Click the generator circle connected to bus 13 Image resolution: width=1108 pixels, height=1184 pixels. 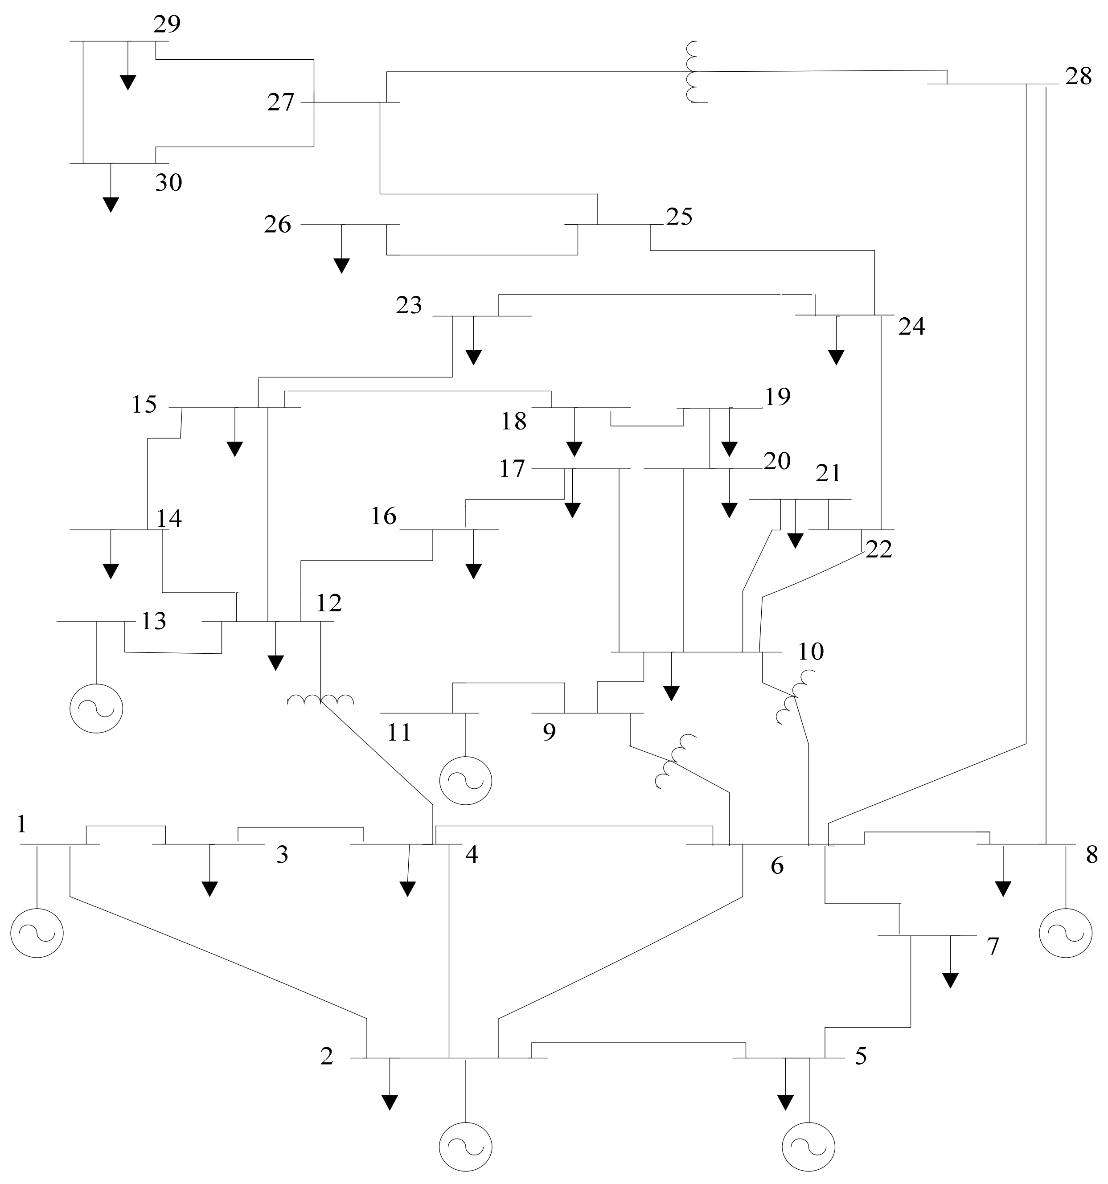pos(97,709)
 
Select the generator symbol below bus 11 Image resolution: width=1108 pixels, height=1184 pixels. pos(465,781)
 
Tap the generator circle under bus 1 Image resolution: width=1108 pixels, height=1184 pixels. pos(37,933)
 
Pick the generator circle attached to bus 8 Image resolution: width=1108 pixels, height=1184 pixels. pos(1065,933)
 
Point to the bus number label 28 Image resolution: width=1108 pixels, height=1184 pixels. pos(1078,77)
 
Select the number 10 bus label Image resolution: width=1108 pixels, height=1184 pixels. pos(811,651)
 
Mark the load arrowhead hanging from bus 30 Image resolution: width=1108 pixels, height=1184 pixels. pos(111,205)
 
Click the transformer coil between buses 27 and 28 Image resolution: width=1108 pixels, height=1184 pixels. pos(692,71)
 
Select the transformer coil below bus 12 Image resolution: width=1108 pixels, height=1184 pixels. pos(320,699)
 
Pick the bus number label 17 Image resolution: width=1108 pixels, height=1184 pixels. pos(512,469)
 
